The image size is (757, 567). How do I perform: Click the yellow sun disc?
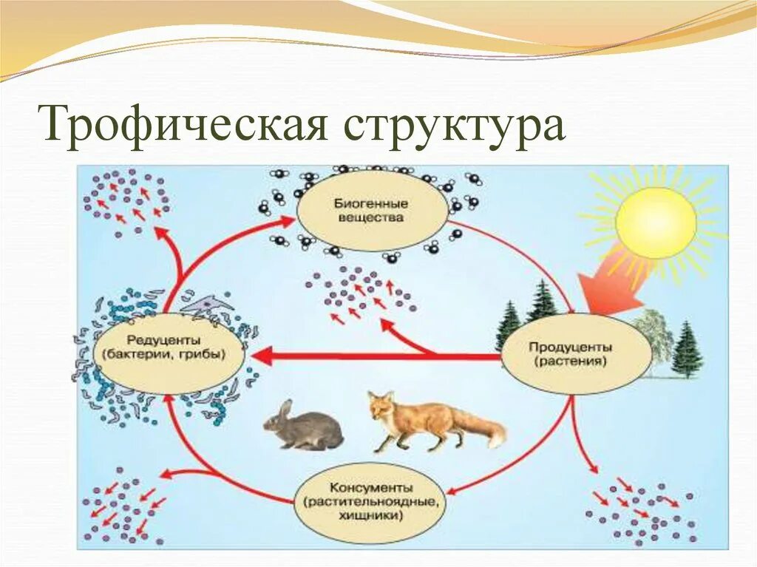pyautogui.click(x=655, y=223)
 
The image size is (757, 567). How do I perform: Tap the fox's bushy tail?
pyautogui.click(x=484, y=428)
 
